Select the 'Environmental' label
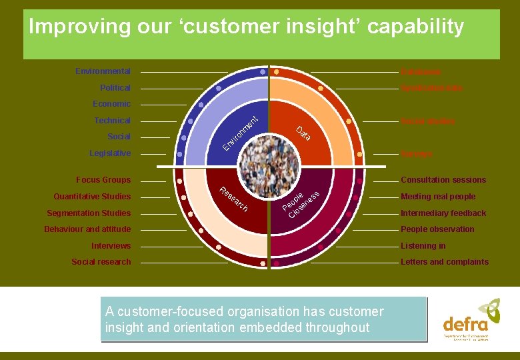tap(103, 71)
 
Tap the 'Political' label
tap(115, 88)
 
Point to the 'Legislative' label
tap(110, 153)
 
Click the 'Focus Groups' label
tap(103, 180)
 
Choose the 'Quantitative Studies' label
tap(92, 197)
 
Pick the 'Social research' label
tap(101, 262)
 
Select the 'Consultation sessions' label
tap(443, 180)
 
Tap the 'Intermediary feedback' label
tap(443, 213)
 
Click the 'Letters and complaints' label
tap(445, 262)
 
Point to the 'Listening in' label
tap(423, 246)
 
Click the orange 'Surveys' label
tap(416, 154)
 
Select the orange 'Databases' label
tap(420, 72)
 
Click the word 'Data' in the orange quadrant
tap(304, 133)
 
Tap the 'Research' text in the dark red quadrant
tap(234, 199)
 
